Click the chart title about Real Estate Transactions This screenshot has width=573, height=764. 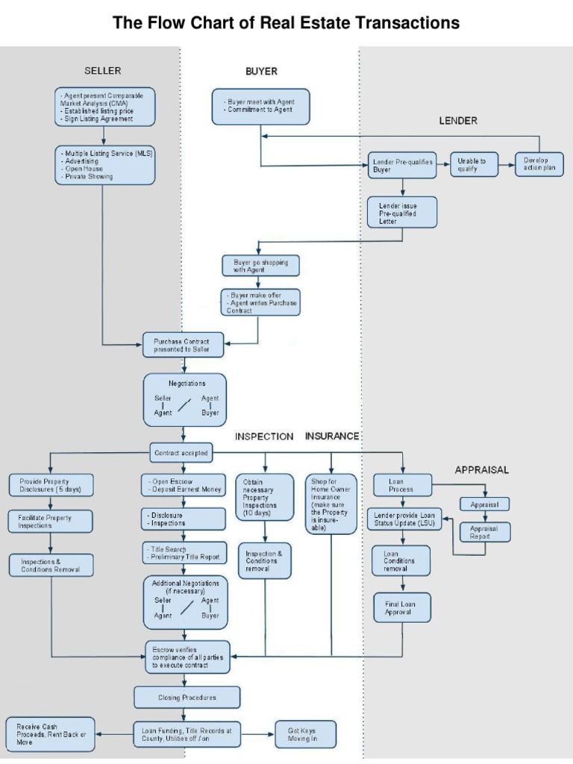286,23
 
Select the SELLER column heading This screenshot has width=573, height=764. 102,71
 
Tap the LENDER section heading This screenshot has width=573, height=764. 458,119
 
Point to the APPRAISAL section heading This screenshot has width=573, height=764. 481,469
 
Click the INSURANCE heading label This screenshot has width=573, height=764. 332,436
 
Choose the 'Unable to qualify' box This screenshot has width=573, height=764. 472,165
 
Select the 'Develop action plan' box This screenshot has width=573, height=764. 539,165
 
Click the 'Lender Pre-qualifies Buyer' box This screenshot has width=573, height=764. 402,166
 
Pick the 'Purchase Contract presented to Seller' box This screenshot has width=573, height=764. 182,345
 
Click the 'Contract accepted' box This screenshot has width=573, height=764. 181,452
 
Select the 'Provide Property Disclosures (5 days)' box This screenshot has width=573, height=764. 51,486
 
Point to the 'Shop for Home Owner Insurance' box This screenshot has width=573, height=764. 331,504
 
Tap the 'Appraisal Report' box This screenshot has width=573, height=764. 485,532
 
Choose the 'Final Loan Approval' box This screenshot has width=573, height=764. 402,607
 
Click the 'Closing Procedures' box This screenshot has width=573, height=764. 187,698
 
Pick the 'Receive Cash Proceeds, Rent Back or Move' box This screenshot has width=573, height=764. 51,734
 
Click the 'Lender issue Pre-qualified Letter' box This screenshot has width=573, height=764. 402,211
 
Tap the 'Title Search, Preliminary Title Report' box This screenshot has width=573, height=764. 184,552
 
